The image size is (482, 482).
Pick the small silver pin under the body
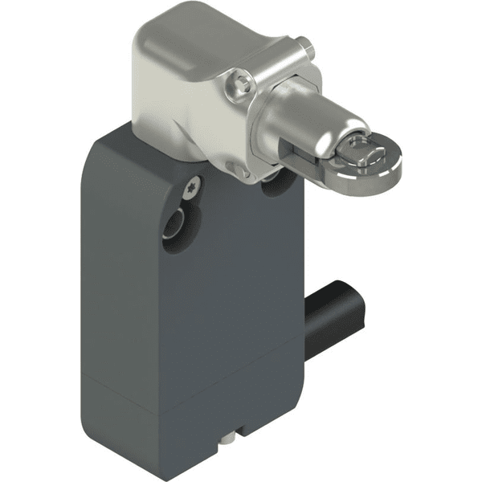point(230,438)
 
